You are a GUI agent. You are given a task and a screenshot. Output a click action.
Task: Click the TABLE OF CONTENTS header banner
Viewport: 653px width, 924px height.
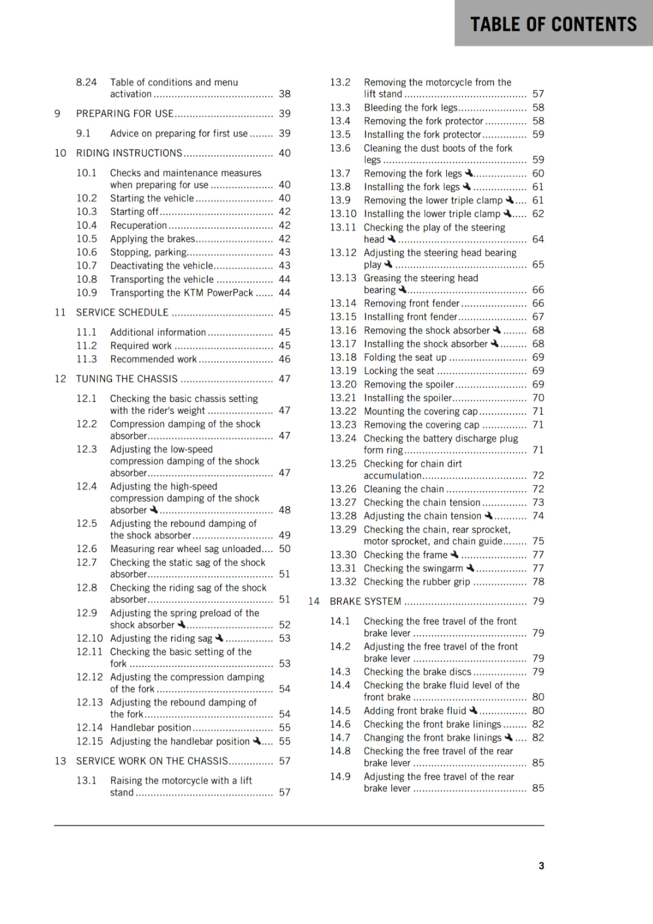[x=553, y=24]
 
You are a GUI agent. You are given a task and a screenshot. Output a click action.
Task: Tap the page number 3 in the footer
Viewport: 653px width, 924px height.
[x=541, y=866]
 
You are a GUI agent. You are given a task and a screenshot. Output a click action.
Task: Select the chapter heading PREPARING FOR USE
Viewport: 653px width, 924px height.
[x=125, y=114]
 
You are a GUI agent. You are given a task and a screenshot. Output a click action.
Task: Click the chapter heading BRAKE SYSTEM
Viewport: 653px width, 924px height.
[x=365, y=601]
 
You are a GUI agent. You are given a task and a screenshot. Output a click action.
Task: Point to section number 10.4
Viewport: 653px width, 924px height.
[x=87, y=225]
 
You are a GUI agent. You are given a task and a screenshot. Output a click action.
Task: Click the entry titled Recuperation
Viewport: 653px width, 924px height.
[x=139, y=225]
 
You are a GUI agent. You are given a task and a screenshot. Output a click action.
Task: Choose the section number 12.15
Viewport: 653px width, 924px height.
[x=90, y=741]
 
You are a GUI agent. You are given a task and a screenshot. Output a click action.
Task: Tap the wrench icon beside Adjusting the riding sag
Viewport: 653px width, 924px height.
[x=219, y=638]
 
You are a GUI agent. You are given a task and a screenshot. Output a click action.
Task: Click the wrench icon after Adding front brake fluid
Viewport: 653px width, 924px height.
[x=473, y=710]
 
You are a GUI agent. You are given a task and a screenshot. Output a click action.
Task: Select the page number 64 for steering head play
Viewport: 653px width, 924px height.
[x=538, y=239]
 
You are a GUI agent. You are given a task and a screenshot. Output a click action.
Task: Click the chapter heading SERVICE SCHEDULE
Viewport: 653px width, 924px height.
[x=123, y=312]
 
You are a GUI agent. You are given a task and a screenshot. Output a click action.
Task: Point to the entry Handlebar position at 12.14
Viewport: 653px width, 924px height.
[x=151, y=728]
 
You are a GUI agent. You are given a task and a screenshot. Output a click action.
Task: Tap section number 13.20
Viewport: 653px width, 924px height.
[x=343, y=384]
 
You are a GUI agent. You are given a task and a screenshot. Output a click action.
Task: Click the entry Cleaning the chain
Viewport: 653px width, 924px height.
[x=404, y=489]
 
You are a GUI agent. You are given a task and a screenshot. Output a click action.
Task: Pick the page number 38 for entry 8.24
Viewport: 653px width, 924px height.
[x=285, y=94]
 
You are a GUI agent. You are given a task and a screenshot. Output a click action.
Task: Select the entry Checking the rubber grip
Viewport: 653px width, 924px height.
[x=417, y=582]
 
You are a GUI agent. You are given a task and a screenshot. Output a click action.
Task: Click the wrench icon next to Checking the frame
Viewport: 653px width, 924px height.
[x=454, y=554]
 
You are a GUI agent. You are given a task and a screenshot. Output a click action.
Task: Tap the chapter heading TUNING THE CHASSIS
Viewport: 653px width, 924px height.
[x=127, y=379]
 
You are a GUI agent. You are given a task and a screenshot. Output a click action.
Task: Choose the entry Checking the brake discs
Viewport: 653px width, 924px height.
[x=417, y=672]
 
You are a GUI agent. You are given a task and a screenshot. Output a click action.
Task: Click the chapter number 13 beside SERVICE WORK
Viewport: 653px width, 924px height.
[x=61, y=761]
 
